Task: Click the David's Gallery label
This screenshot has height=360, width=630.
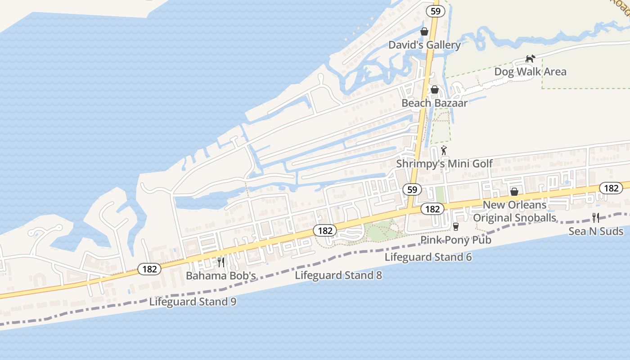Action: (424, 45)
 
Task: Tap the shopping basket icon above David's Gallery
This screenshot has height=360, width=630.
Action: (424, 31)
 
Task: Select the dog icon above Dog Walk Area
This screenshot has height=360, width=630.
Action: (531, 58)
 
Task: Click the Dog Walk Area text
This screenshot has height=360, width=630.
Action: (530, 72)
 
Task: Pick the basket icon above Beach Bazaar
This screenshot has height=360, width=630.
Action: (435, 90)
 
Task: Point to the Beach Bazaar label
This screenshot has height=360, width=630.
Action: (434, 103)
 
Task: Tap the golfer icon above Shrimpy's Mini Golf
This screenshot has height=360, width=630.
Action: (444, 150)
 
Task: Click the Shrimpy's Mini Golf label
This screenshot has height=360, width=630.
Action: (445, 163)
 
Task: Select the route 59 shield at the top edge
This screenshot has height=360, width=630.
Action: (435, 11)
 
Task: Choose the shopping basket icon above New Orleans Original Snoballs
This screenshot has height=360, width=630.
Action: (514, 192)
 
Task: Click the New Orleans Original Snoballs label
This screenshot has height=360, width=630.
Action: (515, 211)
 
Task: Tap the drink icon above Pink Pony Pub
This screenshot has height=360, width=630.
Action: (455, 226)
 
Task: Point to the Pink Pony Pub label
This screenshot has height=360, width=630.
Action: (456, 240)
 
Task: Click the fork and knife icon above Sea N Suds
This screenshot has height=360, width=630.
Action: (596, 218)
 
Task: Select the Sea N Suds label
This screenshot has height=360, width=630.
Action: (596, 231)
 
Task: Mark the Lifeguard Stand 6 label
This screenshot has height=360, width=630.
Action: (428, 257)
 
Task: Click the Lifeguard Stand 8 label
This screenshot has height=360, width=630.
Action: (338, 275)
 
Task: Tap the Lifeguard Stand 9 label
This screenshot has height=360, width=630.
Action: (193, 301)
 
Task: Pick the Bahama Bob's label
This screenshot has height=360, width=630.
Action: (221, 275)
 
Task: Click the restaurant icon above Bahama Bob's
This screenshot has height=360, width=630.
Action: (221, 262)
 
